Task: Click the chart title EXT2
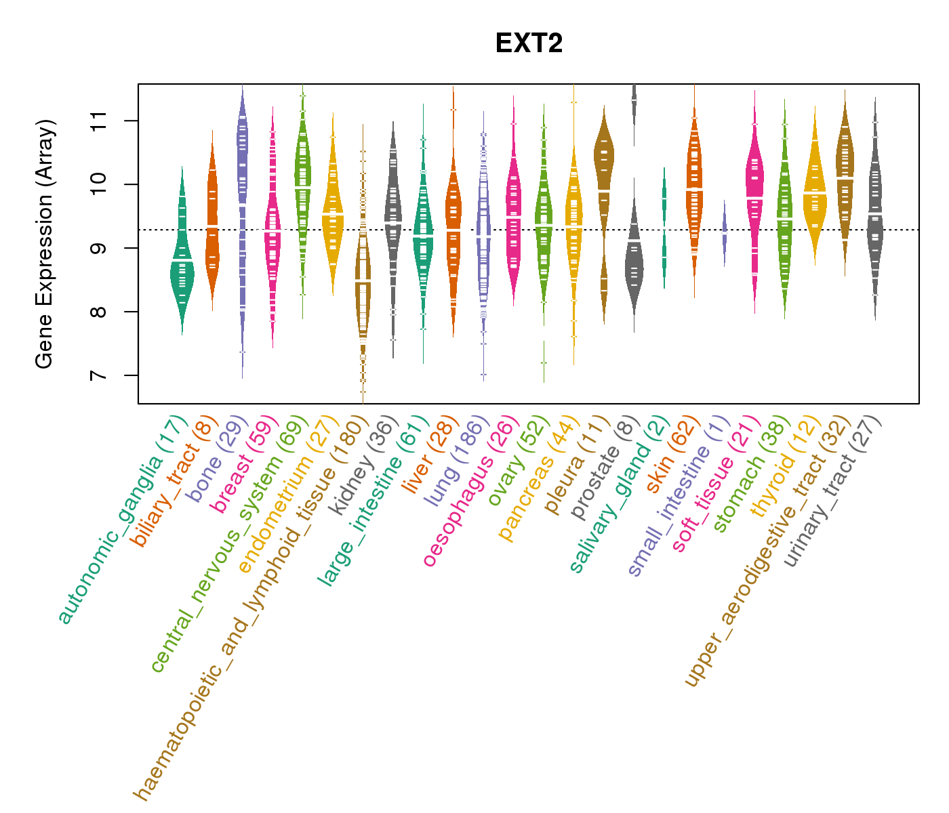(x=529, y=43)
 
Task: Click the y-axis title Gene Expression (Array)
(x=44, y=244)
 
